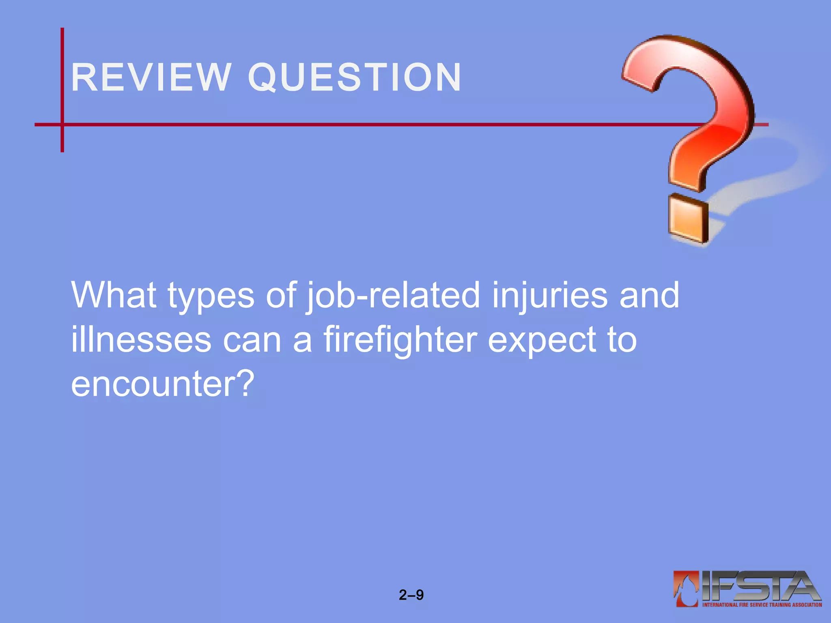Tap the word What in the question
(x=114, y=295)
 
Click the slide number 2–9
(x=411, y=595)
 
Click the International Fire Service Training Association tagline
(x=762, y=605)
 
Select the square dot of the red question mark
(x=688, y=219)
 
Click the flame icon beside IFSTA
(x=686, y=588)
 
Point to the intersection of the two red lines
(x=62, y=125)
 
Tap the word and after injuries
(x=649, y=295)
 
